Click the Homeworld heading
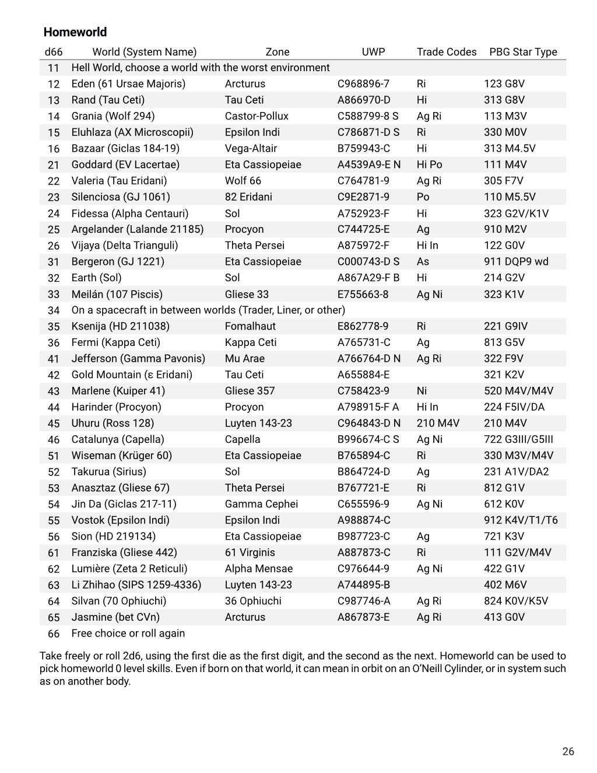point(75,32)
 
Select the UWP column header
point(373,52)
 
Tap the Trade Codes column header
point(446,52)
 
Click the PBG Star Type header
point(523,52)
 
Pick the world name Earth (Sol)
point(96,278)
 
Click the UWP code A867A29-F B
point(368,278)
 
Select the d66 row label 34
point(54,310)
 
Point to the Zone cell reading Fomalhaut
point(250,326)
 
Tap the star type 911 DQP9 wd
point(516,261)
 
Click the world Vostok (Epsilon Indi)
point(120,520)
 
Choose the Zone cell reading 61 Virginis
point(250,552)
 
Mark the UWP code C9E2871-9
point(363,197)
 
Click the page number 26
point(568,751)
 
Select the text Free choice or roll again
point(128,633)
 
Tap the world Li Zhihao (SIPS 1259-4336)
point(136,585)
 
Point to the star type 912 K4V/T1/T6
point(521,520)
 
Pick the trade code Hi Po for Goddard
point(429,165)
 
